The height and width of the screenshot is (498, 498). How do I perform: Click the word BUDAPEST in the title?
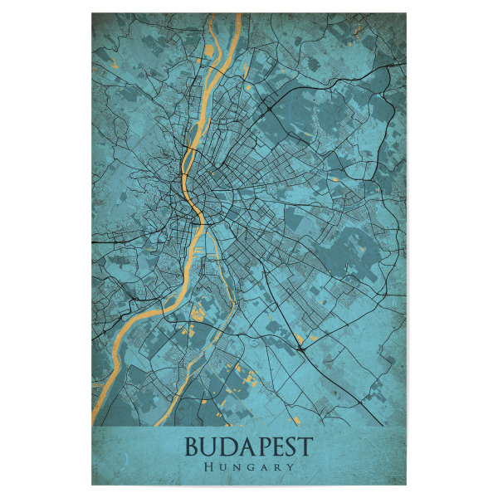tap(248, 447)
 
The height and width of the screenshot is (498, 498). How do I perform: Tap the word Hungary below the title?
tap(249, 467)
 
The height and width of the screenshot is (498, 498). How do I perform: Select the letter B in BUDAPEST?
tap(193, 447)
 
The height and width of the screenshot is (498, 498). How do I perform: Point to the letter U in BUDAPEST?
tap(210, 447)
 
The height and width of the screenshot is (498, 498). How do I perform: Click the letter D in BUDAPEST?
tap(227, 447)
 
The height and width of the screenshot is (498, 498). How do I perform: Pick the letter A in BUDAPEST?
tap(245, 447)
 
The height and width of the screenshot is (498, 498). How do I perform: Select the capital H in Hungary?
tap(207, 467)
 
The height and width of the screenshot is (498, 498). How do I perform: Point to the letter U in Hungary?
tap(222, 467)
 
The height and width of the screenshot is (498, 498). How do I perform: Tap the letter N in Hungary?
tap(236, 467)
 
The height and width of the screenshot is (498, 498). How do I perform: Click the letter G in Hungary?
tap(250, 467)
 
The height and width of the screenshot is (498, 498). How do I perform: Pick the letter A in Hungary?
tap(264, 467)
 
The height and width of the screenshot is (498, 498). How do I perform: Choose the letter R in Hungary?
tap(277, 467)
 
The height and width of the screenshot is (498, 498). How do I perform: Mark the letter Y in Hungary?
tap(290, 467)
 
